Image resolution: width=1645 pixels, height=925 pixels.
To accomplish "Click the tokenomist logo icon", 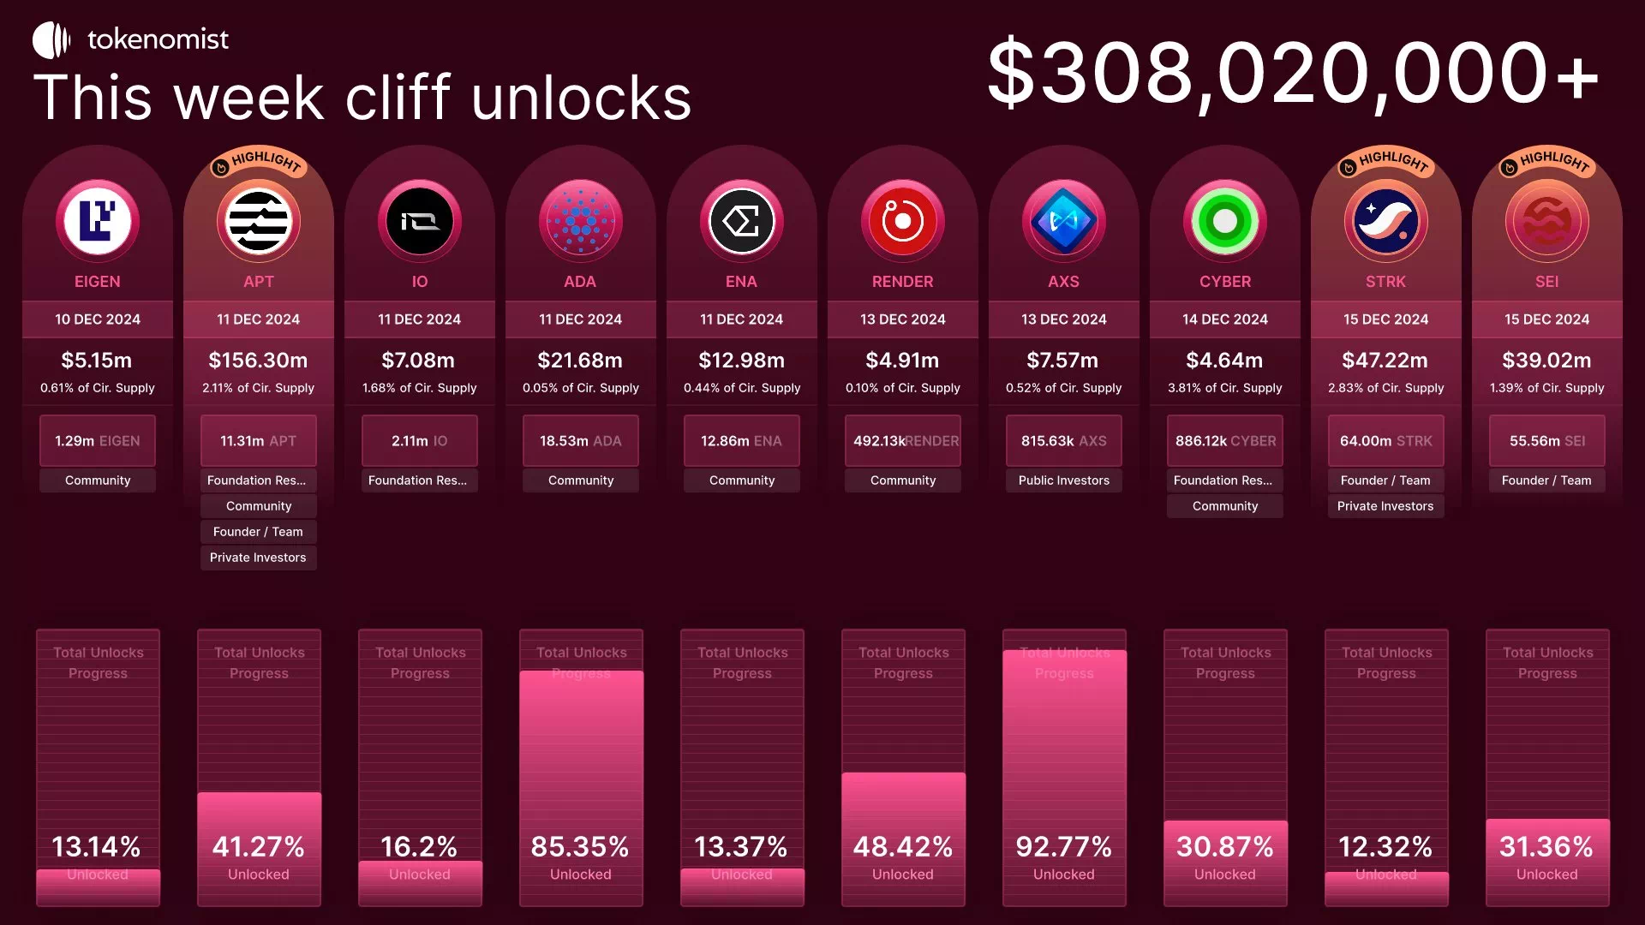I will tap(51, 40).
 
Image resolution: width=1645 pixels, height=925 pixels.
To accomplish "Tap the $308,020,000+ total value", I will tap(1293, 74).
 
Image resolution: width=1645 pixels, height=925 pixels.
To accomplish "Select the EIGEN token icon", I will tap(98, 221).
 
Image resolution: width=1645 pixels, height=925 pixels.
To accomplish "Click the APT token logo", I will tap(259, 221).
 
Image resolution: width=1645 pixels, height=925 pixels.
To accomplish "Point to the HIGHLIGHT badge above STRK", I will tap(1386, 161).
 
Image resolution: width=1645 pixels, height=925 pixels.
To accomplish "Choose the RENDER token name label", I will tap(902, 282).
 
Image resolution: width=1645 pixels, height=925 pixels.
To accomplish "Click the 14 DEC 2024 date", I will tap(1224, 319).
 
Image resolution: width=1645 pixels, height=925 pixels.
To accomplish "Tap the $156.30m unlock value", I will tap(258, 361).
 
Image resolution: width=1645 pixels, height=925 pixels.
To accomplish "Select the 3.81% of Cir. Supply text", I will tap(1224, 388).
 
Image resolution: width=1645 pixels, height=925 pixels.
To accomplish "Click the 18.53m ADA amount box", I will tap(580, 441).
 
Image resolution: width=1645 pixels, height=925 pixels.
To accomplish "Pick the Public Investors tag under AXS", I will tap(1063, 480).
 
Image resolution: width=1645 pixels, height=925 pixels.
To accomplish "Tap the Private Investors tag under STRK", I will tap(1385, 506).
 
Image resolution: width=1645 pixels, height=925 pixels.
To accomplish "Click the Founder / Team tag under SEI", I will tap(1546, 480).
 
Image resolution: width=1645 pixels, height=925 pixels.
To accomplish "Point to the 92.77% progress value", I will tap(1063, 847).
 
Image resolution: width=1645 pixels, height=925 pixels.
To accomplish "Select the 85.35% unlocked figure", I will tap(580, 847).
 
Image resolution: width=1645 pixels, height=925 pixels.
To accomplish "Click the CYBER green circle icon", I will tap(1224, 221).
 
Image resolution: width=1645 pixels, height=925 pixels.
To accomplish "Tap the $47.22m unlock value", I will tap(1385, 361).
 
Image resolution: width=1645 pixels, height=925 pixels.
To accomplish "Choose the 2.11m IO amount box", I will tap(419, 441).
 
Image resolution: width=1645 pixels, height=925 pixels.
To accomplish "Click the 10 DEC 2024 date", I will tap(98, 319).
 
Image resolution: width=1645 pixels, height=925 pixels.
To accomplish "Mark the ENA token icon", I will tap(741, 221).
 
